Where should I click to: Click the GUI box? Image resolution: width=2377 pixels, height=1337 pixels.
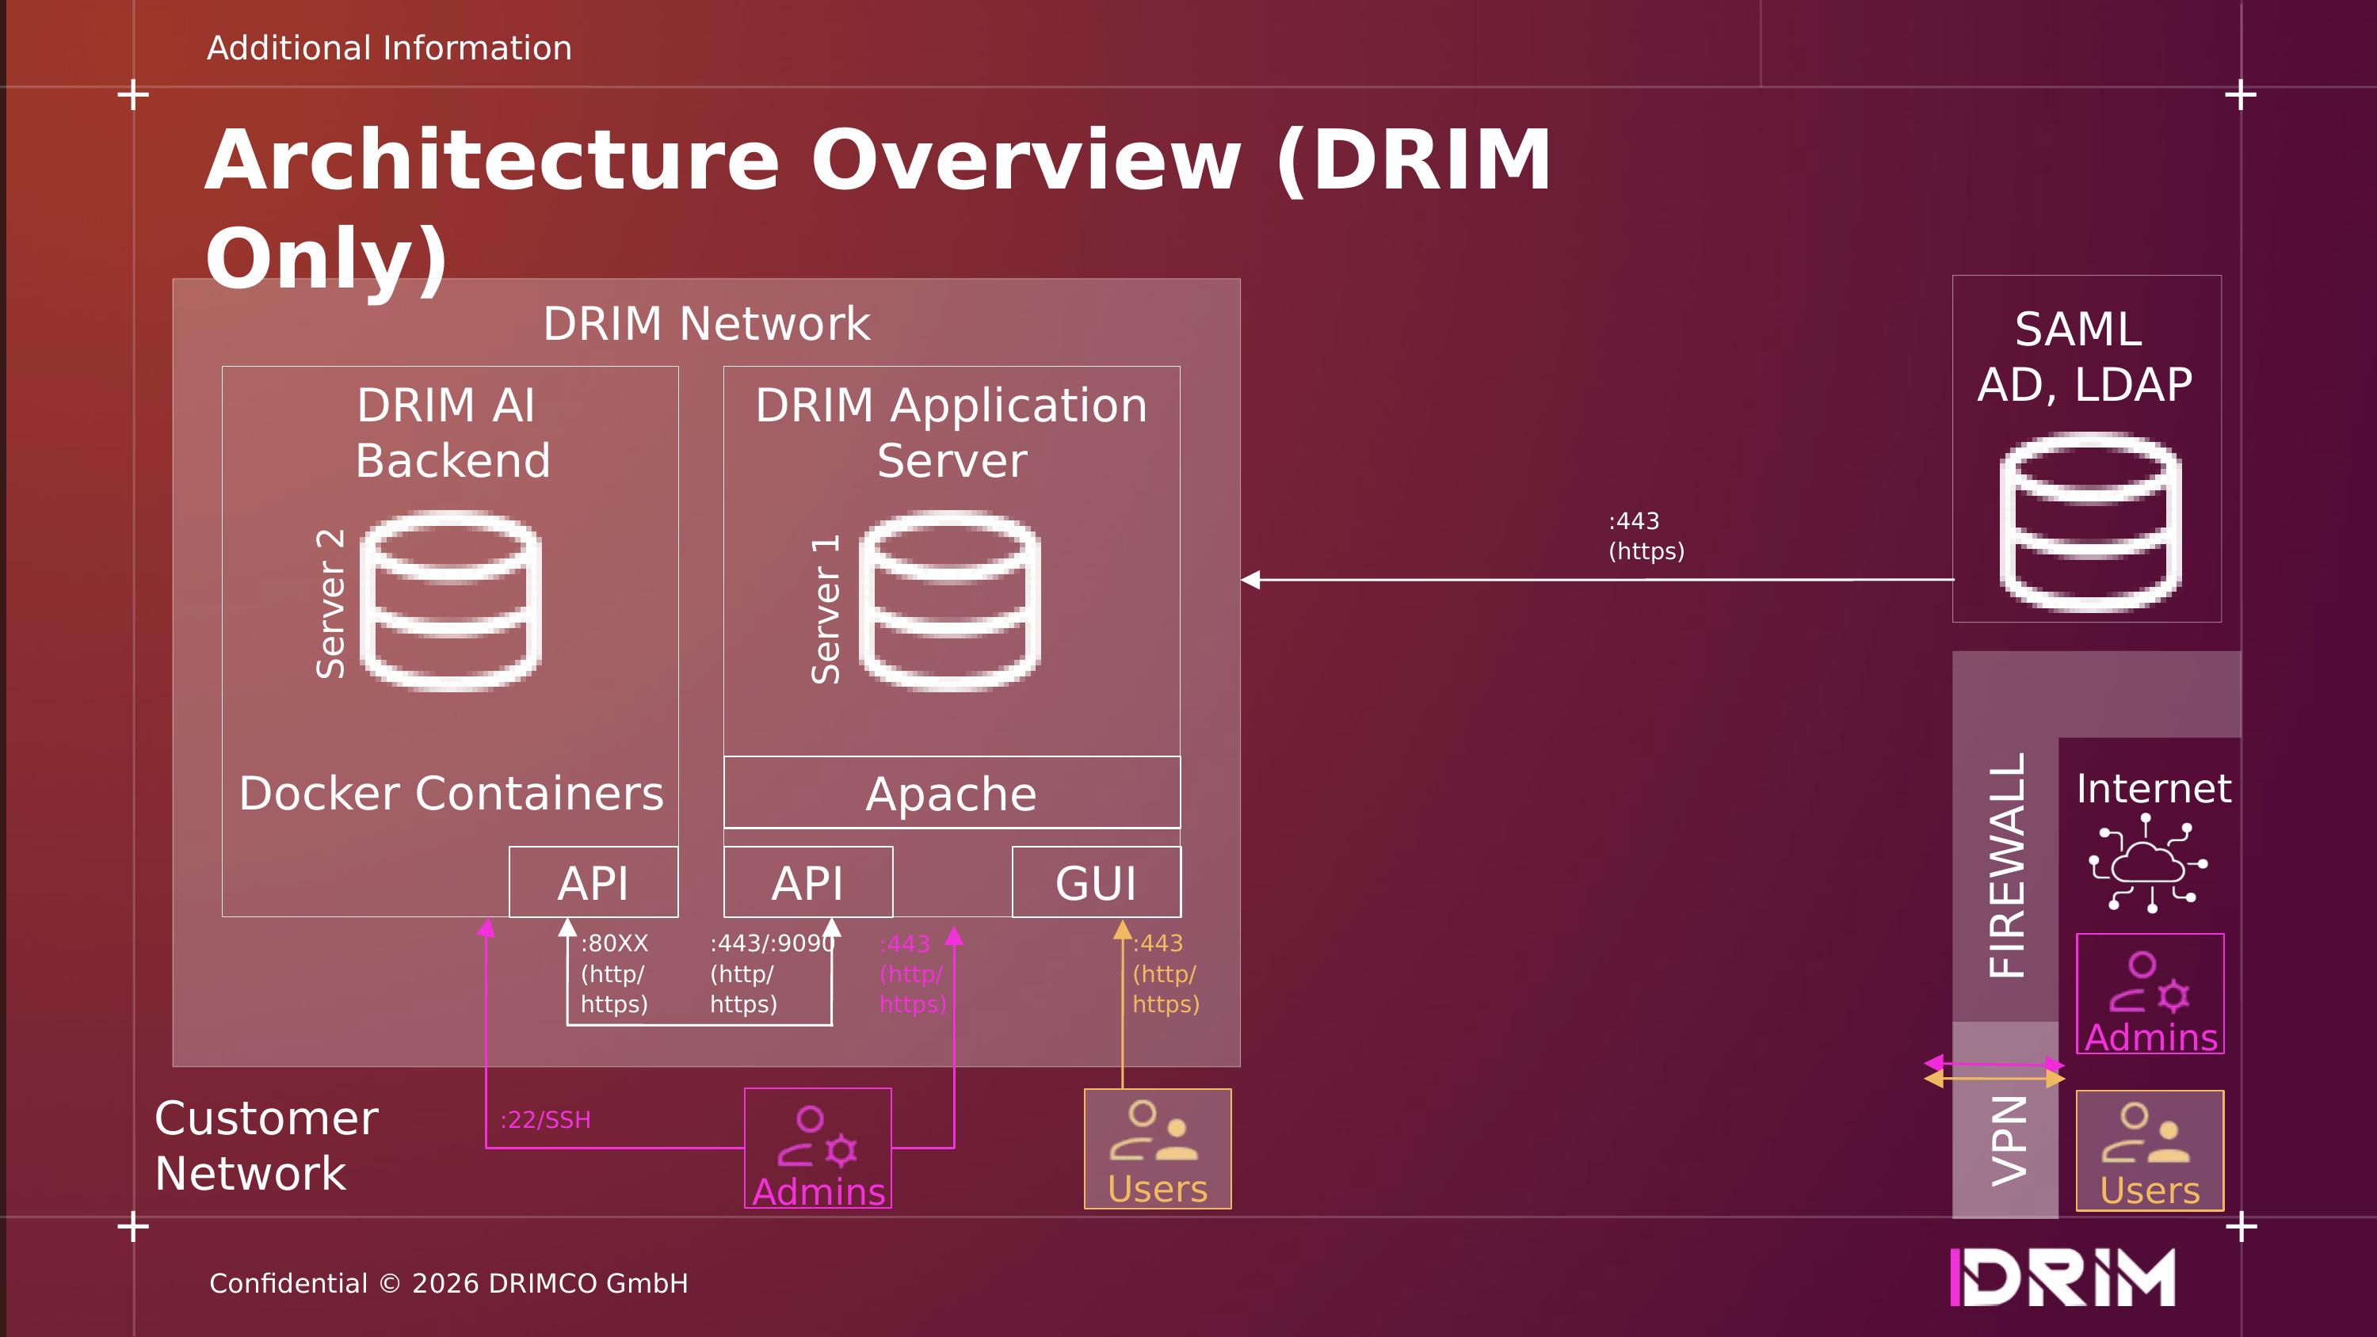pyautogui.click(x=1097, y=882)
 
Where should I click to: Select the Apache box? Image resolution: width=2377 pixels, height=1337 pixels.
pyautogui.click(x=952, y=793)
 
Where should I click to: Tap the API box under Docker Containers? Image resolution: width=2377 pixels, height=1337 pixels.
pyautogui.click(x=593, y=882)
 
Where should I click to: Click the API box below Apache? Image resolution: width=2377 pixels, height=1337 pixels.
pyautogui.click(x=807, y=882)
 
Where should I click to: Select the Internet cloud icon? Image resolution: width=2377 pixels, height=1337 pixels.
pyautogui.click(x=2148, y=865)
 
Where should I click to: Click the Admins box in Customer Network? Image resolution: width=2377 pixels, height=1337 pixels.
pyautogui.click(x=818, y=1148)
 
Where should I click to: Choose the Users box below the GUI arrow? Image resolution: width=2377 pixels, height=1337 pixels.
pyautogui.click(x=1157, y=1148)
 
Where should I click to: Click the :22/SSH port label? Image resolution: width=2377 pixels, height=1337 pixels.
pyautogui.click(x=545, y=1120)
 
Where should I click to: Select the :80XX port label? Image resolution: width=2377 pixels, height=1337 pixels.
pyautogui.click(x=615, y=944)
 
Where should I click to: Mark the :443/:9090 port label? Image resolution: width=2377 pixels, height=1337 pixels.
pyautogui.click(x=772, y=944)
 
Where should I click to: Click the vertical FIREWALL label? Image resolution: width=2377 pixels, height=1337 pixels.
pyautogui.click(x=2006, y=866)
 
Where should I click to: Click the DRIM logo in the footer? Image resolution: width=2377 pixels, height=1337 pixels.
pyautogui.click(x=2062, y=1278)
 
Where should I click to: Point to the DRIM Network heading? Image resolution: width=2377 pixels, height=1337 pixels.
pyautogui.click(x=706, y=324)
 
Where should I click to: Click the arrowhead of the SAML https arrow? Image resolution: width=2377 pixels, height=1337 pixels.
pyautogui.click(x=1251, y=580)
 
